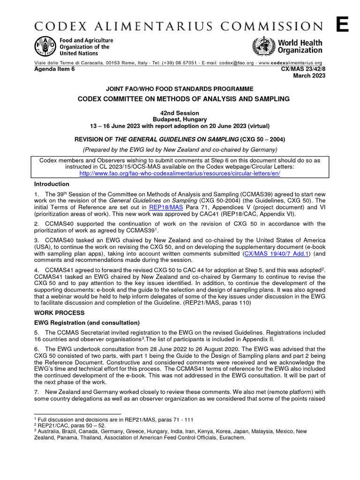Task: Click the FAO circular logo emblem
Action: point(45,47)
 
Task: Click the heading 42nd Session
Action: point(180,113)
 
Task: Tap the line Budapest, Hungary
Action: point(180,120)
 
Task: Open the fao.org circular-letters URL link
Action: point(180,173)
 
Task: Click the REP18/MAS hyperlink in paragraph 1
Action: point(164,206)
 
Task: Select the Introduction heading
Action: point(51,184)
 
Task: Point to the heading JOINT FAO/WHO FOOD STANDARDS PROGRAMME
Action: point(180,89)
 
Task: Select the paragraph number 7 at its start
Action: point(36,391)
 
